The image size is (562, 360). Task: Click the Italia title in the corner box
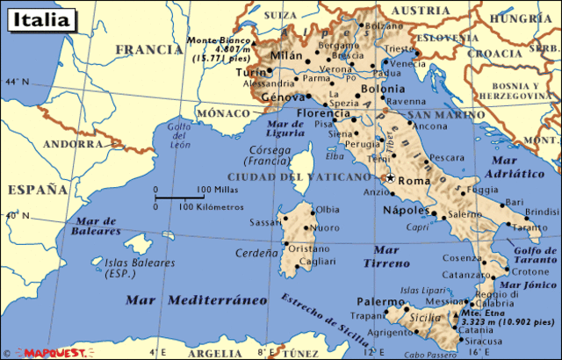pos(38,18)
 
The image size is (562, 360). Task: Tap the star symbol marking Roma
pos(390,177)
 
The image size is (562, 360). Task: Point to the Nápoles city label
pos(405,211)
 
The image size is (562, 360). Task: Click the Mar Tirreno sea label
pos(386,256)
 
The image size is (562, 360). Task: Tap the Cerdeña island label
pos(256,252)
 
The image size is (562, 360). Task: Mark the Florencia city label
pos(321,113)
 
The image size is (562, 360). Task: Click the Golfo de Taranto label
pos(529,256)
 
